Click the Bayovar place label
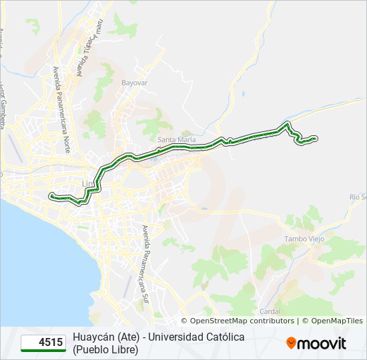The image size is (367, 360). tap(134, 83)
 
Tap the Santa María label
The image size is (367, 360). tap(177, 139)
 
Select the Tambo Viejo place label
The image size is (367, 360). tap(304, 239)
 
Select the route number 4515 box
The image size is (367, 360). tap(43, 343)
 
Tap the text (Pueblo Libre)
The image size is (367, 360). tap(105, 349)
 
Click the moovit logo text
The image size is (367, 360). tap(322, 343)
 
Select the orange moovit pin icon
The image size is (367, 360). tap(291, 343)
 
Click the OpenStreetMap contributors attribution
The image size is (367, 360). tap(242, 321)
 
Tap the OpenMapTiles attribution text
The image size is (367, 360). tap(336, 321)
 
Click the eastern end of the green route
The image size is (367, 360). tap(315, 138)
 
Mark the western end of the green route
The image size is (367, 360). tap(51, 195)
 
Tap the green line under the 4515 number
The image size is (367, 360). tap(43, 350)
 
